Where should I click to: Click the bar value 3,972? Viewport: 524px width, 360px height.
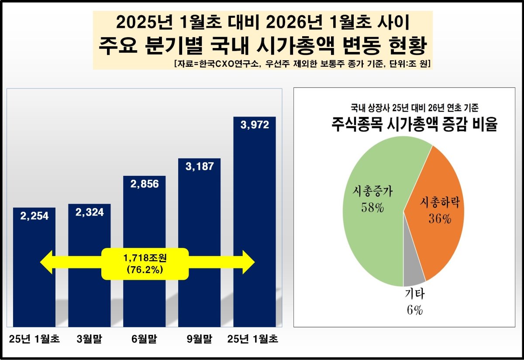tap(255, 125)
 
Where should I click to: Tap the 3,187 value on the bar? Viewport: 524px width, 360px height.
tap(200, 166)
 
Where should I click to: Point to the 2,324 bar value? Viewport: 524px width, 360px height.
tap(90, 213)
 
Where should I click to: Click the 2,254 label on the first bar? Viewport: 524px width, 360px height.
tap(34, 216)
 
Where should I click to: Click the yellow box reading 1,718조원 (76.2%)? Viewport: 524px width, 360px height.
tap(145, 264)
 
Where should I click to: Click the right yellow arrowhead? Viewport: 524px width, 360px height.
tap(247, 262)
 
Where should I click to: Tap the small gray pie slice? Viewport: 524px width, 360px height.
tap(413, 275)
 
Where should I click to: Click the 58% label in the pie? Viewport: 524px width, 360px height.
tap(372, 207)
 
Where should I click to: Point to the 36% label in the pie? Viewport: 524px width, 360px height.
tap(439, 219)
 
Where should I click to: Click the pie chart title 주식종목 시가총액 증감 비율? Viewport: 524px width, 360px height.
tap(415, 125)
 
